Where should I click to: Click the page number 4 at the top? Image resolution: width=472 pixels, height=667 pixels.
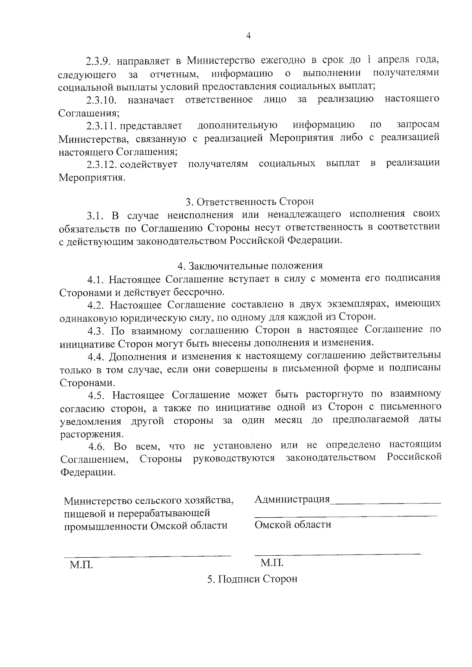(248, 36)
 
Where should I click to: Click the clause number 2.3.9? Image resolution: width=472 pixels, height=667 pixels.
(100, 62)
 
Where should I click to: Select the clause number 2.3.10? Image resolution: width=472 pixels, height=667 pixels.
(102, 100)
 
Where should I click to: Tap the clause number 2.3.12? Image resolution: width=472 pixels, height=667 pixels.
(102, 165)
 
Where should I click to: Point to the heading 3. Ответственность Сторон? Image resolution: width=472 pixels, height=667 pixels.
(250, 202)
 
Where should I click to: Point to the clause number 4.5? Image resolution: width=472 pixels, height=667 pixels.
(96, 395)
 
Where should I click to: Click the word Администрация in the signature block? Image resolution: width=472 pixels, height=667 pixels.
(292, 500)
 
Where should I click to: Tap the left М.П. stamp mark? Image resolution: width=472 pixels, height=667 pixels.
(81, 565)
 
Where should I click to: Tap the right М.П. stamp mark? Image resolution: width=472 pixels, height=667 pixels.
(272, 563)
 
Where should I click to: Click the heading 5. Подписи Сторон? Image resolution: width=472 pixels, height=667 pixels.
(252, 579)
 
